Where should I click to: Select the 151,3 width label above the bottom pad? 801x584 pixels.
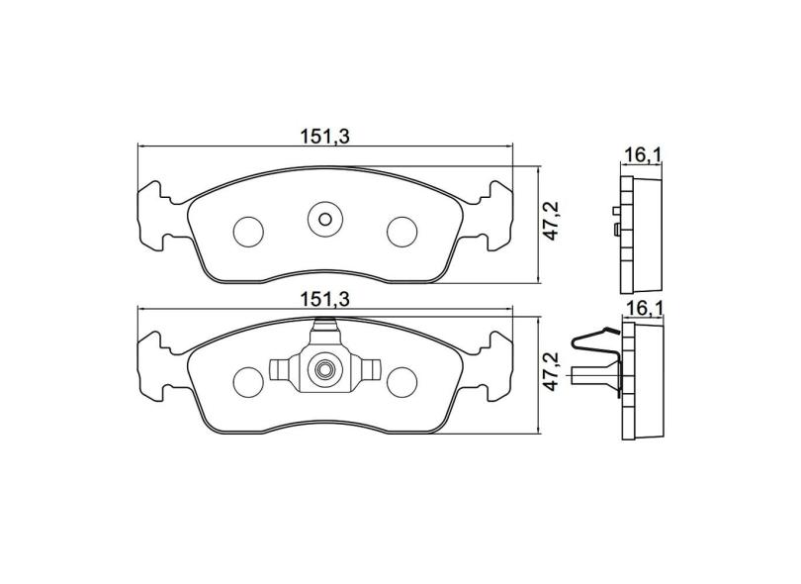click(325, 298)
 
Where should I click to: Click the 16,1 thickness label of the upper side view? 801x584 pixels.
click(642, 155)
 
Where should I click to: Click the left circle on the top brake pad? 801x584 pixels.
click(248, 231)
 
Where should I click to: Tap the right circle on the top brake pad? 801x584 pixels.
click(401, 231)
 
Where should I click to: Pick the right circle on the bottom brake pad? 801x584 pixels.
click(401, 381)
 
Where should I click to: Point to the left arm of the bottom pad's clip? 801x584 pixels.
click(285, 370)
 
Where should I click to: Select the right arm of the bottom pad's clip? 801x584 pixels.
click(364, 370)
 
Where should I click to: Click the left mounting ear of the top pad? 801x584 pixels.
click(158, 214)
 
